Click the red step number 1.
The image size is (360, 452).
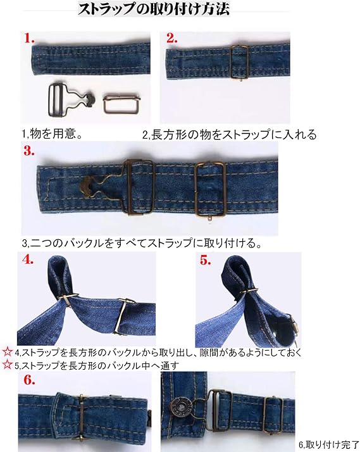[29, 38]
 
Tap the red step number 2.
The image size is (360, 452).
[171, 38]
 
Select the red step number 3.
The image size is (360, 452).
[29, 151]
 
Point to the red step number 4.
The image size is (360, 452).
[28, 260]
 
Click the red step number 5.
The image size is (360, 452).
[206, 260]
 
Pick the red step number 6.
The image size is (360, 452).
[29, 380]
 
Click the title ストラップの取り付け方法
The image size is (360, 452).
[154, 9]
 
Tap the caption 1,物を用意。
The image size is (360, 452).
[52, 134]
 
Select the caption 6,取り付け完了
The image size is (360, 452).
[329, 445]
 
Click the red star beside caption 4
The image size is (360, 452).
[7, 351]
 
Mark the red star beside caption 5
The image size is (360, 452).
[7, 365]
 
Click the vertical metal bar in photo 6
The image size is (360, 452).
[81, 417]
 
